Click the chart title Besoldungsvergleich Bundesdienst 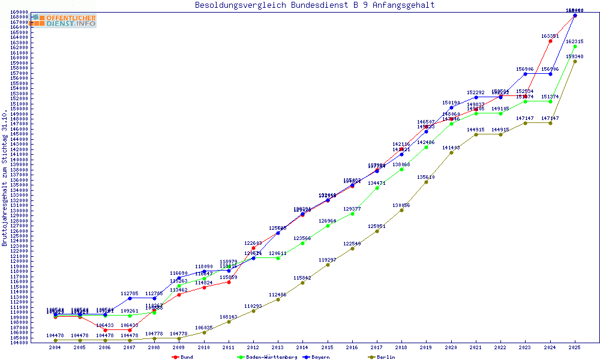pyautogui.click(x=314, y=5)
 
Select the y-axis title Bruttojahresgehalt pyautogui.click(x=5, y=178)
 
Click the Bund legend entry pyautogui.click(x=183, y=357)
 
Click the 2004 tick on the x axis pyautogui.click(x=55, y=347)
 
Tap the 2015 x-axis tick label pyautogui.click(x=328, y=347)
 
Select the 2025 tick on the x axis pyautogui.click(x=575, y=347)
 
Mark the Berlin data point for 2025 pyautogui.click(x=575, y=61)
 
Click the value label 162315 pyautogui.click(x=575, y=41)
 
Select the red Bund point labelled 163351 pyautogui.click(x=550, y=41)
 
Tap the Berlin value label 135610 pyautogui.click(x=426, y=177)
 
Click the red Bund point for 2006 pyautogui.click(x=105, y=331)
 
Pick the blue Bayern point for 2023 pyautogui.click(x=526, y=74)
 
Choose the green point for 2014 pyautogui.click(x=303, y=243)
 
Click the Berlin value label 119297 pyautogui.click(x=328, y=260)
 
